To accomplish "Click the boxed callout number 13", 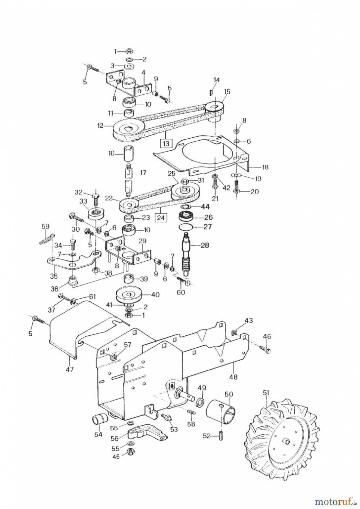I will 166,143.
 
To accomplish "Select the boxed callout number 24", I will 161,218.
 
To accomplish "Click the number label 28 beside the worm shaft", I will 205,245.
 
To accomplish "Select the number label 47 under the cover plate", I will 70,369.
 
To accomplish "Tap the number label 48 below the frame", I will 233,377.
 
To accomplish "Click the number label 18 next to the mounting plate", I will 265,167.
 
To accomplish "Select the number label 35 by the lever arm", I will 54,276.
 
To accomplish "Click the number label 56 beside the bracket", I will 115,438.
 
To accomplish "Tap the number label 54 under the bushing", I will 98,434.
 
